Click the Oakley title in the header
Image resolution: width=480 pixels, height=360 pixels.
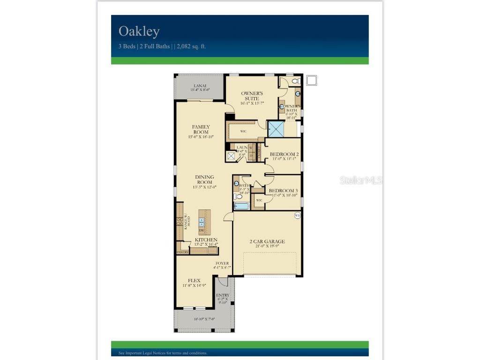pyautogui.click(x=139, y=31)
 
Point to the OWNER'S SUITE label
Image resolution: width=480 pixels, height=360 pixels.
pyautogui.click(x=252, y=96)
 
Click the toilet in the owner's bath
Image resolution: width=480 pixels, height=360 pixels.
pyautogui.click(x=295, y=81)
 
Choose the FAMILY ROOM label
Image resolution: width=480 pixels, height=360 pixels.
pyautogui.click(x=201, y=129)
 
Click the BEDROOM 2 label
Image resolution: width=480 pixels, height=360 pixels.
pyautogui.click(x=284, y=154)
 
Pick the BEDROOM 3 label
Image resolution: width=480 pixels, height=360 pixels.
pyautogui.click(x=283, y=191)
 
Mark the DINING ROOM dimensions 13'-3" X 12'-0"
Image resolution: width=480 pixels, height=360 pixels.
pyautogui.click(x=204, y=187)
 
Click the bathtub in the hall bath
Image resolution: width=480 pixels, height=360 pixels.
pyautogui.click(x=242, y=206)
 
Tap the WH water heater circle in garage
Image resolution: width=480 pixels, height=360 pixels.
pyautogui.click(x=297, y=215)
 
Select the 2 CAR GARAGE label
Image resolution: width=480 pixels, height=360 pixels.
pyautogui.click(x=267, y=241)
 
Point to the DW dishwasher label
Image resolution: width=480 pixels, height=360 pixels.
pyautogui.click(x=202, y=231)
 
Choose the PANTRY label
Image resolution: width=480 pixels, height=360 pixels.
pyautogui.click(x=183, y=252)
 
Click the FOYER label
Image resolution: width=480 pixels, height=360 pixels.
pyautogui.click(x=222, y=263)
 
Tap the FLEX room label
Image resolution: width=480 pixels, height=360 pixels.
pyautogui.click(x=194, y=280)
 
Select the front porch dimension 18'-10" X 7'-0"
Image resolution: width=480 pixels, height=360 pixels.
pyautogui.click(x=205, y=319)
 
